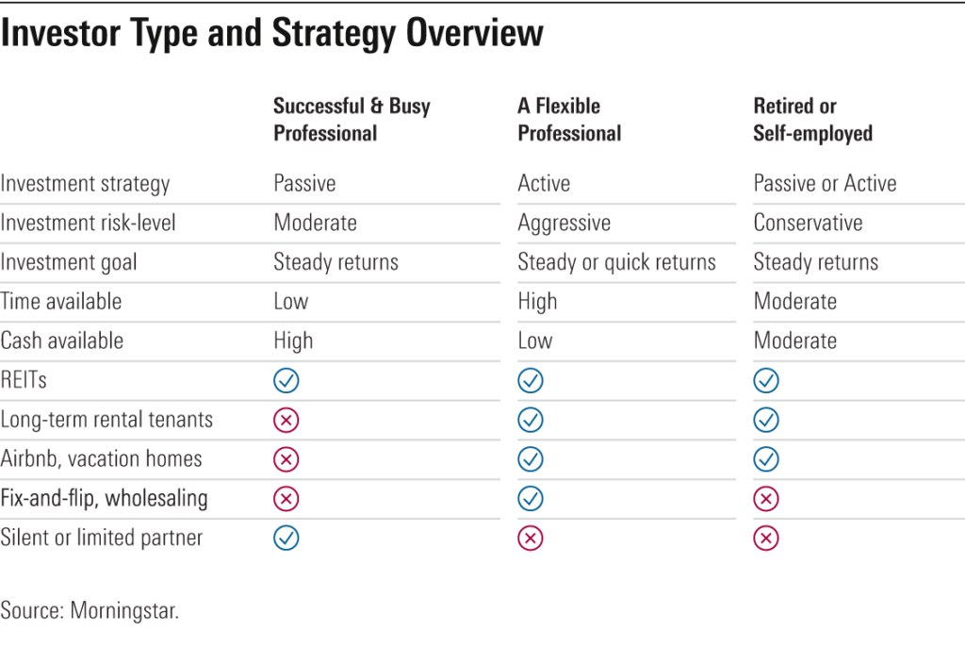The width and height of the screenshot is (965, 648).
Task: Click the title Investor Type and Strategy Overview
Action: pyautogui.click(x=271, y=34)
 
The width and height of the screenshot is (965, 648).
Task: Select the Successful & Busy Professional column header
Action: pyautogui.click(x=352, y=120)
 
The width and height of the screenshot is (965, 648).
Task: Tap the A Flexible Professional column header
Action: pyautogui.click(x=568, y=120)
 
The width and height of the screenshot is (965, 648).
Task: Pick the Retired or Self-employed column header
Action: pyautogui.click(x=812, y=120)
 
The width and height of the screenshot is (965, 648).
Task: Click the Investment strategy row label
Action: pyautogui.click(x=85, y=184)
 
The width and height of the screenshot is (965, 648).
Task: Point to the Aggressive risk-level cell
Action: pyautogui.click(x=564, y=224)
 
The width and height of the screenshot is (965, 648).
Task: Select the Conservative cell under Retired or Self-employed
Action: pyautogui.click(x=808, y=224)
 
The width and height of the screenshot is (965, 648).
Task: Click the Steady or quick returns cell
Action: pyautogui.click(x=616, y=262)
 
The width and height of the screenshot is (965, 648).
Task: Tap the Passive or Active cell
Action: pyautogui.click(x=825, y=184)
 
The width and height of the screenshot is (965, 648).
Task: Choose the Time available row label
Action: pyautogui.click(x=61, y=302)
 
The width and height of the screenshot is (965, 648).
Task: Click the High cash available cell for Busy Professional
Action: pyautogui.click(x=293, y=341)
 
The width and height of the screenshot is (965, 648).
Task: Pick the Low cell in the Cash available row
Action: pyautogui.click(x=534, y=341)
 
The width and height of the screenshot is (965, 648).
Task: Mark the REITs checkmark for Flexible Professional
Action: pyautogui.click(x=531, y=381)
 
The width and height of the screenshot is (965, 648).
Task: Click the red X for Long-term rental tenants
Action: pyautogui.click(x=286, y=420)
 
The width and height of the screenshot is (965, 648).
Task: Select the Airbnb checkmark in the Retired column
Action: pyautogui.click(x=766, y=459)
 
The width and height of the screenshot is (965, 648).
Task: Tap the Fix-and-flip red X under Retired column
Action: pyautogui.click(x=766, y=499)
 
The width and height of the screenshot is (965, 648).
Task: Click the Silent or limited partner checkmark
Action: pyautogui.click(x=286, y=538)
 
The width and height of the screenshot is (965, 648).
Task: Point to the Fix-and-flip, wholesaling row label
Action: pyautogui.click(x=104, y=499)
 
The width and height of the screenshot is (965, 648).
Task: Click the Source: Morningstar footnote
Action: pyautogui.click(x=90, y=610)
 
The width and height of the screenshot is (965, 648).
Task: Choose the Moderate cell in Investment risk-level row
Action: pyautogui.click(x=315, y=224)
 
